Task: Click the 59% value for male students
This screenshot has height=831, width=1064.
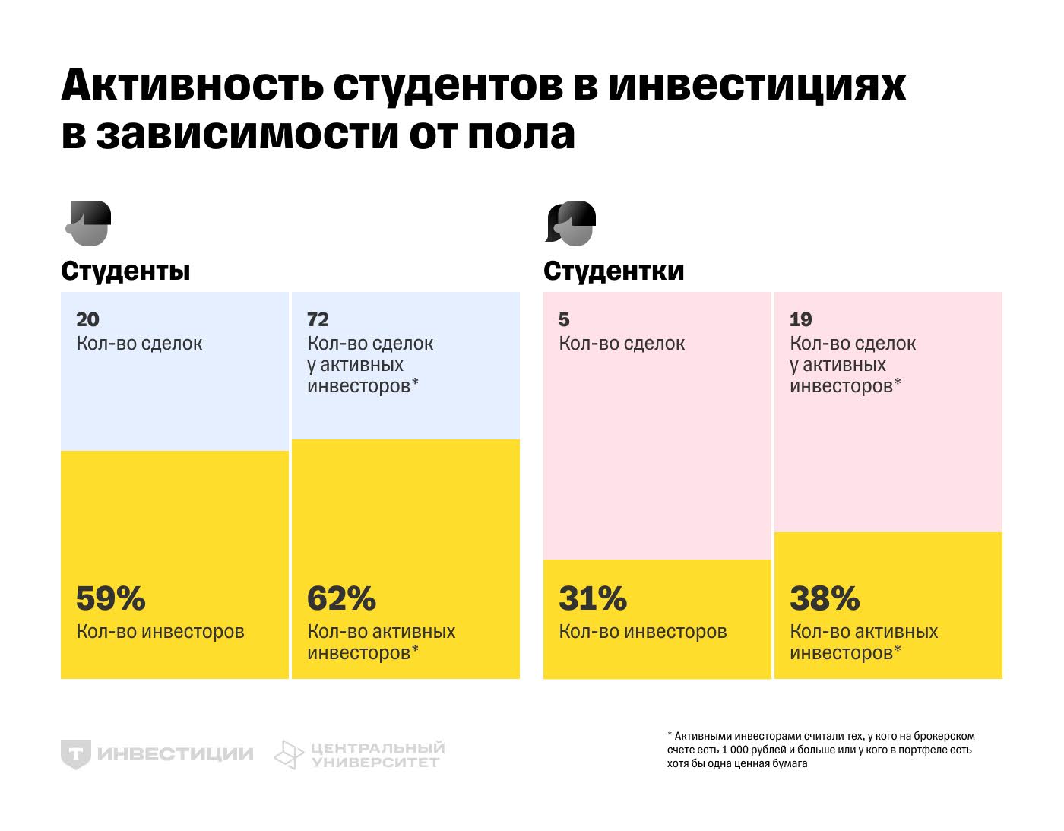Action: (111, 599)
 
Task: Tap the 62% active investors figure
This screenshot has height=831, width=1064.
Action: (341, 599)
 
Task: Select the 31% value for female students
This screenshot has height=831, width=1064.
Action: (593, 599)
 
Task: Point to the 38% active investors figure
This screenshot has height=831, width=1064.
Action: (825, 599)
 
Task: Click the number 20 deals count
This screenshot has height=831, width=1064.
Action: (87, 319)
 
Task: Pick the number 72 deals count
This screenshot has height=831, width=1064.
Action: (318, 319)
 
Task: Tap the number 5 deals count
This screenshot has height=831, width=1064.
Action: (564, 319)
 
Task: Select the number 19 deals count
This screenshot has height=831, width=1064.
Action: (800, 319)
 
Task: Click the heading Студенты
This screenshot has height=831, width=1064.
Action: (125, 271)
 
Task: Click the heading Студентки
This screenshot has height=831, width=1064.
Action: (613, 271)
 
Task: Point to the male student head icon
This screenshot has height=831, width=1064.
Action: (89, 224)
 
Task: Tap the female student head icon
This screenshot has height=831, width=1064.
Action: (571, 224)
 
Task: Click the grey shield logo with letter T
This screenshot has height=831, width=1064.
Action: (76, 754)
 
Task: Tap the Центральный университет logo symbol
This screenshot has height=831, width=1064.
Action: (289, 755)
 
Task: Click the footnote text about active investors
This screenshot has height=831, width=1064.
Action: (820, 750)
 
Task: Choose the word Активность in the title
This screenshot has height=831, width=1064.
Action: (192, 84)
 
